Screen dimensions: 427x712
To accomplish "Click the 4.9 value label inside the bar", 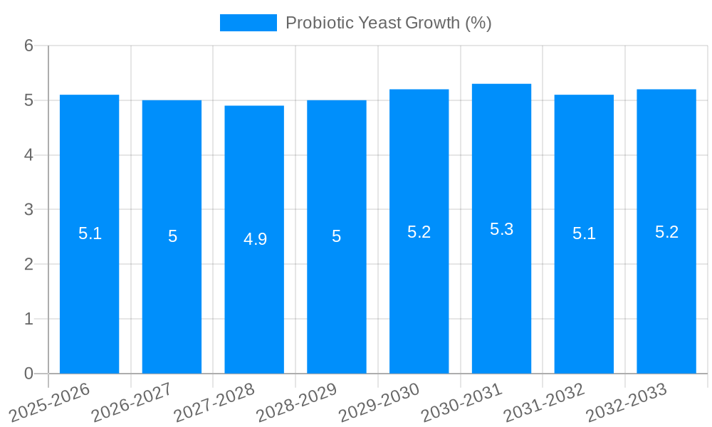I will (x=255, y=239).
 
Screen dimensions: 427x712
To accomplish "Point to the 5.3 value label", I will (x=501, y=229).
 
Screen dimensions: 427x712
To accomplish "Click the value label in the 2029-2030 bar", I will (x=419, y=232).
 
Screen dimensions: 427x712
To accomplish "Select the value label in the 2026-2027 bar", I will (x=172, y=236).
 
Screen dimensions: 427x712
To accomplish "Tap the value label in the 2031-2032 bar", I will (x=584, y=233).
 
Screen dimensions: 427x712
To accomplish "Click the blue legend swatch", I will (x=248, y=23).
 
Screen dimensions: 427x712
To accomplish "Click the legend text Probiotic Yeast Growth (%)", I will (x=388, y=23).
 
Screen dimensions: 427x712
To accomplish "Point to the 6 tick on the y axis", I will (x=28, y=46).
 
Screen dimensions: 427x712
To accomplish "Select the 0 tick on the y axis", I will (x=28, y=374).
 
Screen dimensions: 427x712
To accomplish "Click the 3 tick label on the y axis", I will (x=28, y=210).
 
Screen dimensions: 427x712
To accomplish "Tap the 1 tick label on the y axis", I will (x=28, y=319).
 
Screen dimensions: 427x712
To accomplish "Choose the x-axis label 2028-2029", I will (x=296, y=403).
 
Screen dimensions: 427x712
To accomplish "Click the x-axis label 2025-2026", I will (x=50, y=403).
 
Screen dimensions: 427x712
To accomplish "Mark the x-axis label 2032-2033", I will (x=626, y=403).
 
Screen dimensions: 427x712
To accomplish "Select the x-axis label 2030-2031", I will (x=461, y=403).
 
